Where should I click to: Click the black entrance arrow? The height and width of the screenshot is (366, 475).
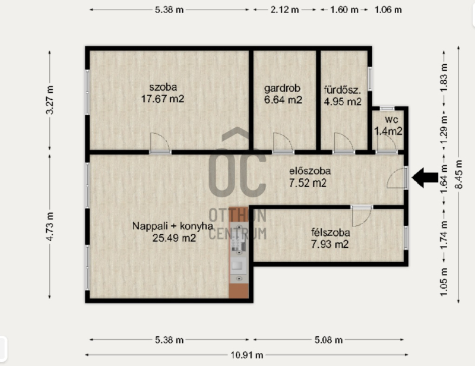[x=425, y=178]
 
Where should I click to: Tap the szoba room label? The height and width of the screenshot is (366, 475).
[x=163, y=93]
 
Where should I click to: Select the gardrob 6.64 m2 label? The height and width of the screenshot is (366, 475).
[x=283, y=94]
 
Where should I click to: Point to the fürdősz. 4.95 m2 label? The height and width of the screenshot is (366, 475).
[x=343, y=96]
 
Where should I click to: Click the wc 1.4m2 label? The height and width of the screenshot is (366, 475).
[x=388, y=125]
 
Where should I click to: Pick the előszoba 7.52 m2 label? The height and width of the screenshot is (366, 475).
[x=309, y=177]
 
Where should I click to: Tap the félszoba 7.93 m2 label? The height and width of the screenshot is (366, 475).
[x=330, y=238]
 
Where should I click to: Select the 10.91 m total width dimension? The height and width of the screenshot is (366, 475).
[x=246, y=355]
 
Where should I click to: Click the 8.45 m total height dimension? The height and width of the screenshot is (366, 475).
[x=458, y=174]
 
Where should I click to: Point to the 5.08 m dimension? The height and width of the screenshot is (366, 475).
[x=328, y=340]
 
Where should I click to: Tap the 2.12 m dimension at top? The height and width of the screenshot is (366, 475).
[x=285, y=10]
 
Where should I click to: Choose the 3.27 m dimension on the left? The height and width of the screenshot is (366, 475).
[x=50, y=100]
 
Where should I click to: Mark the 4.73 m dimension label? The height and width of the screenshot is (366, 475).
[x=50, y=227]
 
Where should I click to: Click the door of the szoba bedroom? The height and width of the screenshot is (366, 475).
[x=160, y=143]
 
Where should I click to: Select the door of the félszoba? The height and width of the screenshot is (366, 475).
[x=362, y=216]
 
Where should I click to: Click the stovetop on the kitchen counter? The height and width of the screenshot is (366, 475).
[x=239, y=239]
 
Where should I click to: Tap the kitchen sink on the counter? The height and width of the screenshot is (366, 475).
[x=237, y=266]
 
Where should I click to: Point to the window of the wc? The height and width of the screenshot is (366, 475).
[x=387, y=108]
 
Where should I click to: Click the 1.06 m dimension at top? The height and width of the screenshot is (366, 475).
[x=388, y=10]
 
